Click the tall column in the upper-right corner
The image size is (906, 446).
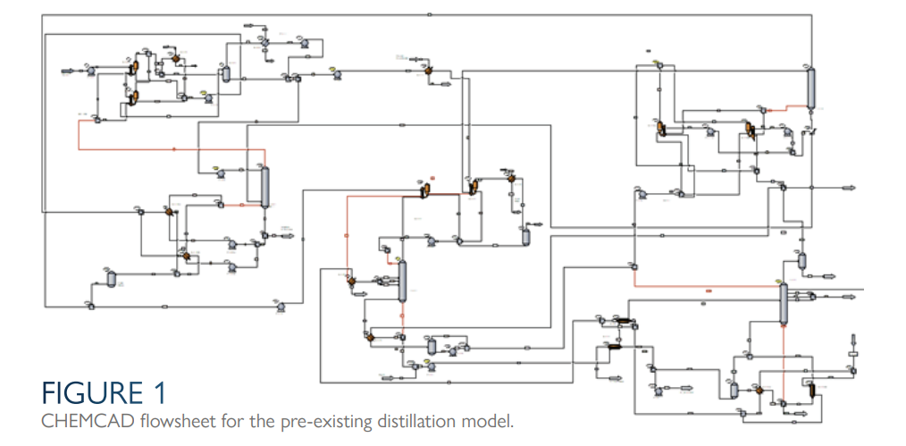coord(811,88)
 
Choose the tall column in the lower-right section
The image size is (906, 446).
coord(783,306)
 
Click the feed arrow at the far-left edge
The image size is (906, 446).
coord(69,69)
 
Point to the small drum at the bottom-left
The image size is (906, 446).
coord(112,280)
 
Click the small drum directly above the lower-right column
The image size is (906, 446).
coord(801,261)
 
